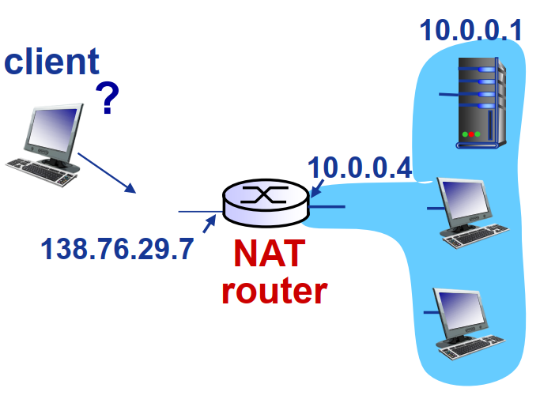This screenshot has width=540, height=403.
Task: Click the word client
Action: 51,62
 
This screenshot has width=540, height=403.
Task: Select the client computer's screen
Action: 52,130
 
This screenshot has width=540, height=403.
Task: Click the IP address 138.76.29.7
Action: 117,249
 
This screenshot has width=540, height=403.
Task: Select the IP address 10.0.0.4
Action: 360,168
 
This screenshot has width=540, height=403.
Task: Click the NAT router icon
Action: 265,202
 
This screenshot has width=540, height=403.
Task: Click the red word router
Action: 274,290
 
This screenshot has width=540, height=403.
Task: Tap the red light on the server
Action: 472,134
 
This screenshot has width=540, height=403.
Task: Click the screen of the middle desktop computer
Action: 465,201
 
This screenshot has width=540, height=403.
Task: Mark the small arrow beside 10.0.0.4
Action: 316,187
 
